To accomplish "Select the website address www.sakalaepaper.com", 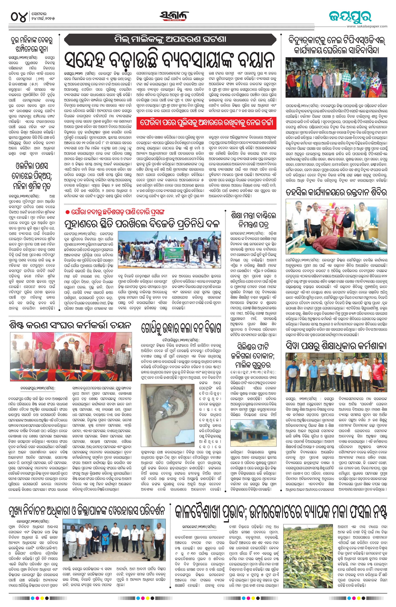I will (x=367, y=26).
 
